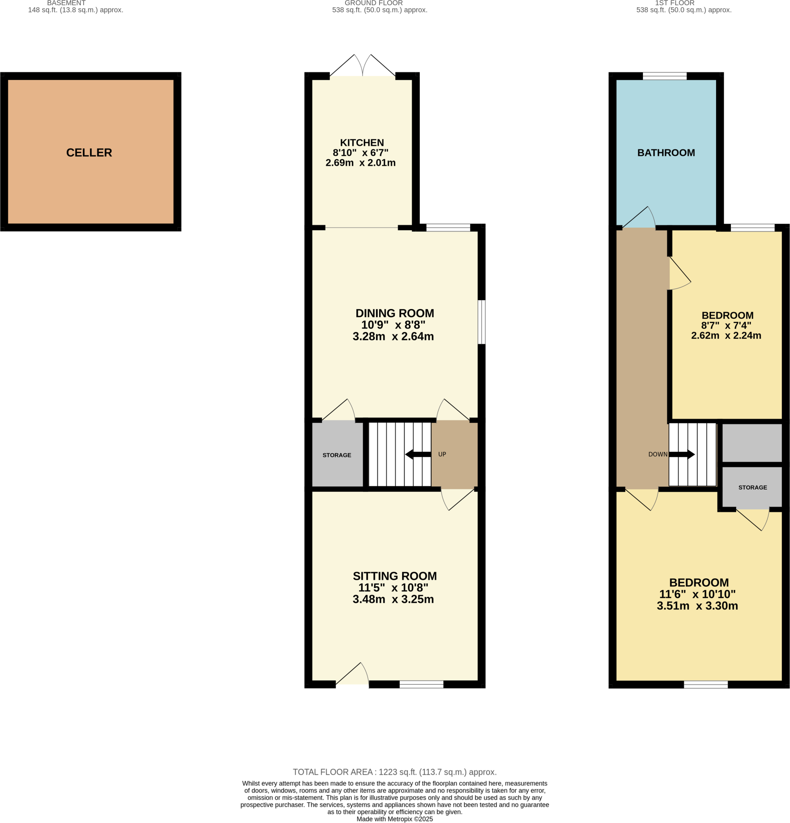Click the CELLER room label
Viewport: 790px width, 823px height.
pyautogui.click(x=89, y=152)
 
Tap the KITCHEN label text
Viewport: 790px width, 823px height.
pyautogui.click(x=361, y=143)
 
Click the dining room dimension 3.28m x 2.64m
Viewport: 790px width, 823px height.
pyautogui.click(x=393, y=336)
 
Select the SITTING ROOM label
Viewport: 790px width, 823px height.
pyautogui.click(x=394, y=576)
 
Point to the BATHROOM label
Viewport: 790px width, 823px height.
pyautogui.click(x=666, y=153)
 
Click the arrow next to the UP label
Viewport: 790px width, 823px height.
pyautogui.click(x=418, y=454)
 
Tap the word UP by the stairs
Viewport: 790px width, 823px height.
pyautogui.click(x=442, y=454)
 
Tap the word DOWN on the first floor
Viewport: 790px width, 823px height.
pyautogui.click(x=657, y=454)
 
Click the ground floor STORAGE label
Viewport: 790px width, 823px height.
pyautogui.click(x=337, y=455)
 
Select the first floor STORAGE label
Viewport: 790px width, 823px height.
pyautogui.click(x=752, y=487)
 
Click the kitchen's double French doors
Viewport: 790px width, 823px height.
pyautogui.click(x=363, y=67)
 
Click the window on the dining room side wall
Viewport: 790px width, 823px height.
pyautogui.click(x=482, y=322)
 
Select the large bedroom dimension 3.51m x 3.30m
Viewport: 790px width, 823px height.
pyautogui.click(x=697, y=606)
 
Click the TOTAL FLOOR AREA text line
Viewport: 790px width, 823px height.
pyautogui.click(x=394, y=772)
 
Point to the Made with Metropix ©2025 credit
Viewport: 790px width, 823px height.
pyautogui.click(x=394, y=819)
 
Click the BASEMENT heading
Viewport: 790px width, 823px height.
pyautogui.click(x=66, y=3)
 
